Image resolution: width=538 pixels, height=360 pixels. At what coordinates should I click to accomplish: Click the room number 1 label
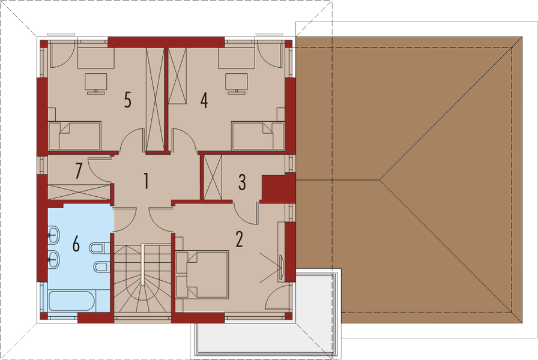click(x=145, y=181)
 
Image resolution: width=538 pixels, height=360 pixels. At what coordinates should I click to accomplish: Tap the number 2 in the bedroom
click(x=239, y=239)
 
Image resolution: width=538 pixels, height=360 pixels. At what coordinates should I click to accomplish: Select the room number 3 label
click(x=241, y=182)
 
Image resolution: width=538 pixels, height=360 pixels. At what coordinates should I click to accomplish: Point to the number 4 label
click(x=204, y=100)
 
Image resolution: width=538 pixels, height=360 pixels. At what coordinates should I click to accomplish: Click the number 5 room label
click(x=127, y=99)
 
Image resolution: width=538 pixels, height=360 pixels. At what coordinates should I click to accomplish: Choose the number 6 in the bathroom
click(x=76, y=244)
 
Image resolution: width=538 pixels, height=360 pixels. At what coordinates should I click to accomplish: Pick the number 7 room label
click(x=78, y=171)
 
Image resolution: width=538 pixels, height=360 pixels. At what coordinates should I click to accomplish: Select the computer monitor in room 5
click(x=95, y=83)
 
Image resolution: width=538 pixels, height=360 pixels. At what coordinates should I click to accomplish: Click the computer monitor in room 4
click(x=235, y=83)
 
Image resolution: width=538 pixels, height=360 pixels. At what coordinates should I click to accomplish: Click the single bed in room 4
click(x=257, y=136)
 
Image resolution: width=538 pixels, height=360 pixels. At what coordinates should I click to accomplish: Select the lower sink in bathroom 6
click(x=54, y=259)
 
